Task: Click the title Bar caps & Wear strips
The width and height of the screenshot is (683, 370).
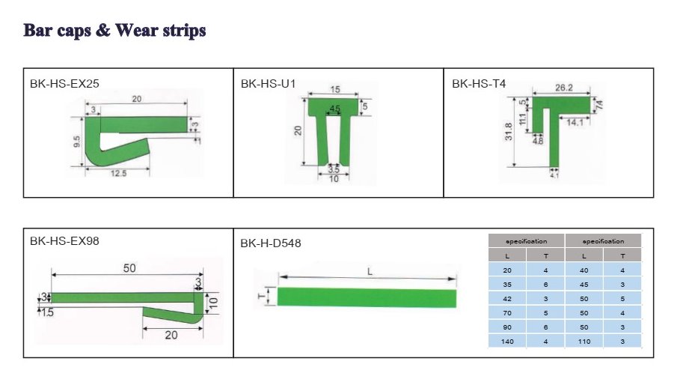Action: click(114, 31)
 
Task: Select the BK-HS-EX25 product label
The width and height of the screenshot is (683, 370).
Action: click(64, 83)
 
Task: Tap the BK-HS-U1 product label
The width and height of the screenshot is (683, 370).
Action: click(269, 83)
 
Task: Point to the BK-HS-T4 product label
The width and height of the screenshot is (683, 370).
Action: click(479, 83)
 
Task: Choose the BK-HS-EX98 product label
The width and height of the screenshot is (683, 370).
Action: click(64, 241)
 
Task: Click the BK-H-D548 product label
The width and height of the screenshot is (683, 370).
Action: click(271, 243)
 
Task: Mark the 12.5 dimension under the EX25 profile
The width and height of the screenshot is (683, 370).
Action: click(118, 174)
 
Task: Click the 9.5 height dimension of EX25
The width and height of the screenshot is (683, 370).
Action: click(77, 142)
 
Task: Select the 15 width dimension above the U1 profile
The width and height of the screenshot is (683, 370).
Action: click(335, 89)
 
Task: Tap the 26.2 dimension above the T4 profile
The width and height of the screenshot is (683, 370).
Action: click(563, 88)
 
